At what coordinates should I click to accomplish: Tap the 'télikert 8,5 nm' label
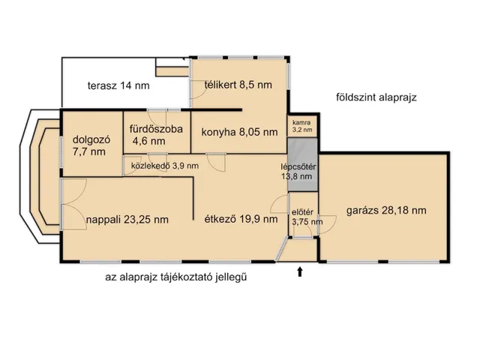coord(238,85)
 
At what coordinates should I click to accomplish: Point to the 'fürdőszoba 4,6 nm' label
coord(155,134)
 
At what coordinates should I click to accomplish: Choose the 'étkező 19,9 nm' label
coord(235,220)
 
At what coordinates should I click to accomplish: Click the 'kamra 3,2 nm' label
coord(304,125)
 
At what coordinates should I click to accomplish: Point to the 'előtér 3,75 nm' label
coord(304,216)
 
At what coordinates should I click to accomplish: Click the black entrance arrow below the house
coord(301,271)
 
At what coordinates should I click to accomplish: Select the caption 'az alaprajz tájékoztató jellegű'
coord(176,277)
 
